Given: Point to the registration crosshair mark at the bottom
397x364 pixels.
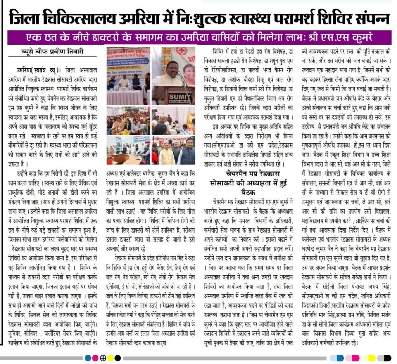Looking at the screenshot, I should click(x=103, y=357).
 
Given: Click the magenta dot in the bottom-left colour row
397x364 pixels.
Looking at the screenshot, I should click(x=95, y=357).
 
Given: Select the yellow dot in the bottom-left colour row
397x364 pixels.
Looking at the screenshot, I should click(x=110, y=357).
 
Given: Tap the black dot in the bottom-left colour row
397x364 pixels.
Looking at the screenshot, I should click(x=117, y=357).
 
